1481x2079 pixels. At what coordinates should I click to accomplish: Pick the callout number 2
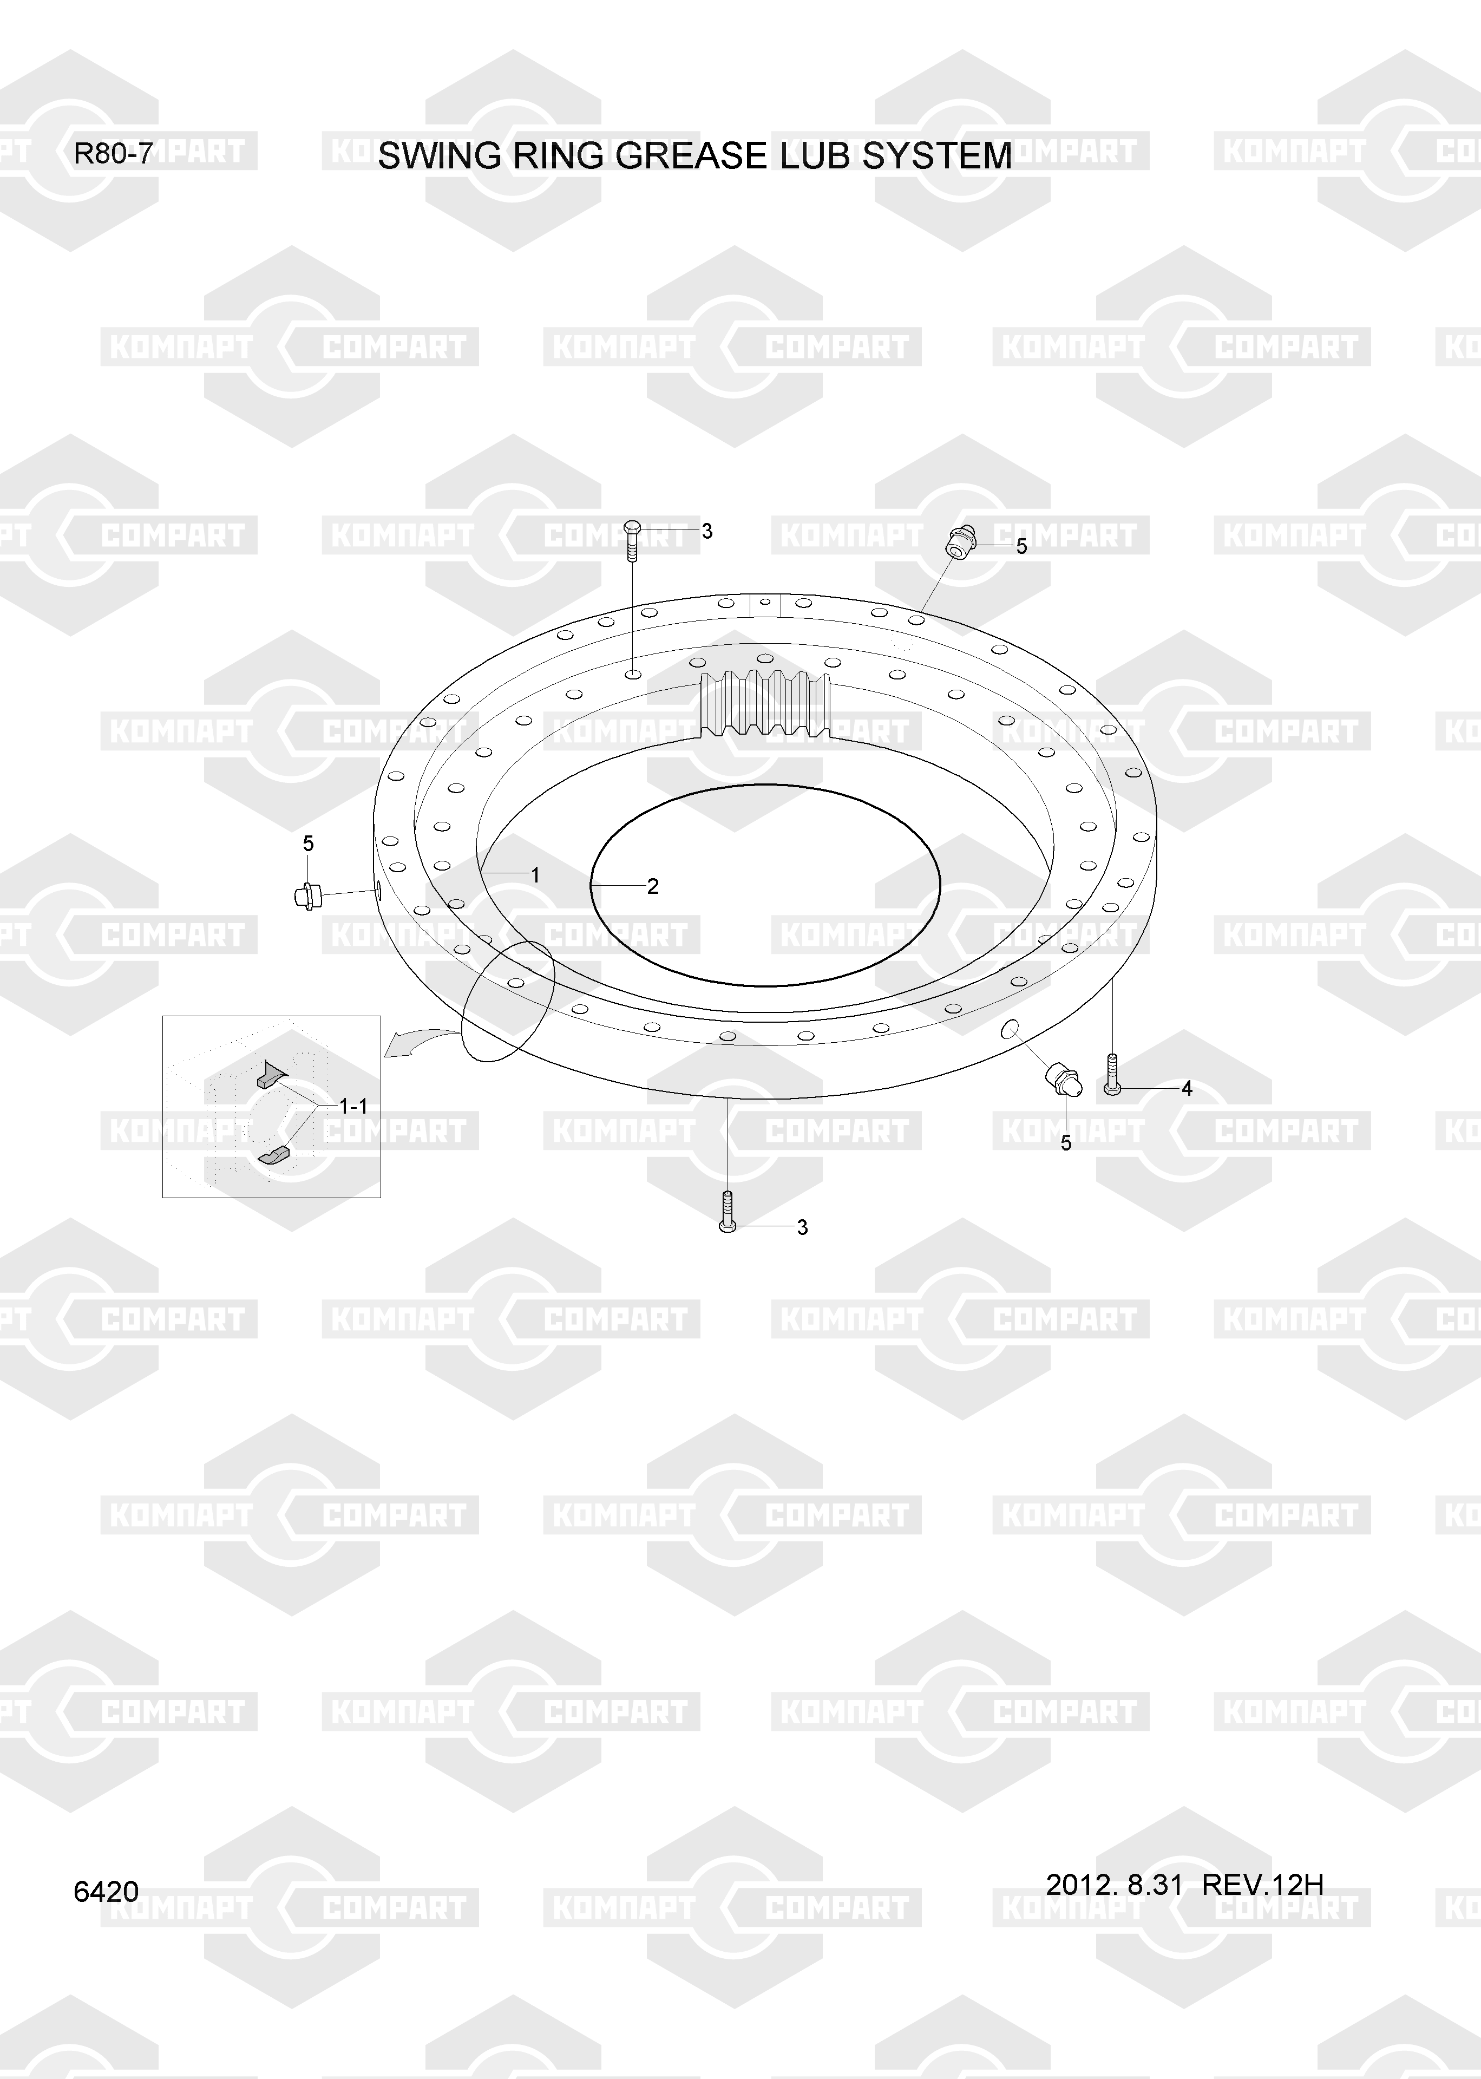tap(653, 886)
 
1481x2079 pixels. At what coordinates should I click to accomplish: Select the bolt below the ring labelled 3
tap(727, 1212)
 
